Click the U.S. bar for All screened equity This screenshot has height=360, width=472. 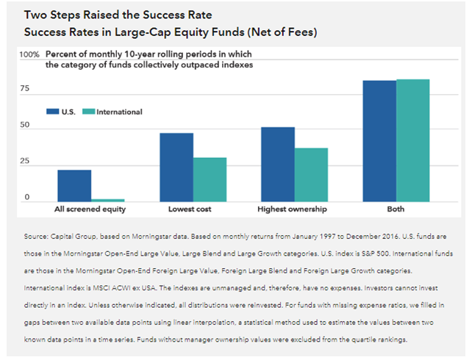[74, 186]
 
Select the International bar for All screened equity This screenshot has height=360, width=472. [108, 200]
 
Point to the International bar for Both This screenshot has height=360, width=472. [412, 140]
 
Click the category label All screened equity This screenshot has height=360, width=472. [90, 210]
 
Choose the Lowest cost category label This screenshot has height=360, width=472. [193, 210]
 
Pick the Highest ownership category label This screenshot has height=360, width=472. [294, 210]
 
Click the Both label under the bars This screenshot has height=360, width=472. [396, 210]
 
